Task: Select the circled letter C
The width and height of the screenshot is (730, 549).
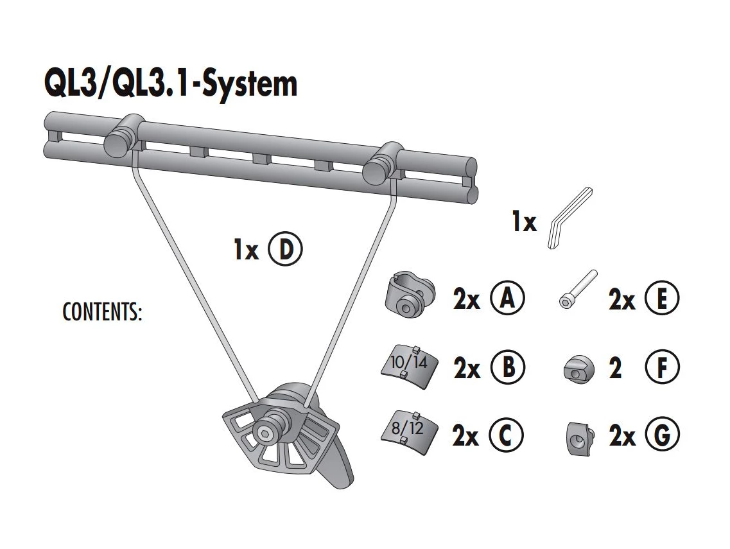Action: coord(506,436)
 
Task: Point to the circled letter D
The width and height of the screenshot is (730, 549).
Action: coord(284,249)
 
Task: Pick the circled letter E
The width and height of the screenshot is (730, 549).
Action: coord(661,299)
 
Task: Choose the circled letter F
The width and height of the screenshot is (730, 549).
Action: coord(661,368)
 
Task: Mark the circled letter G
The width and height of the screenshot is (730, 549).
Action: coord(661,436)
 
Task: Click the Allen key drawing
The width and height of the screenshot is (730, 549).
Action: coord(569,218)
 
